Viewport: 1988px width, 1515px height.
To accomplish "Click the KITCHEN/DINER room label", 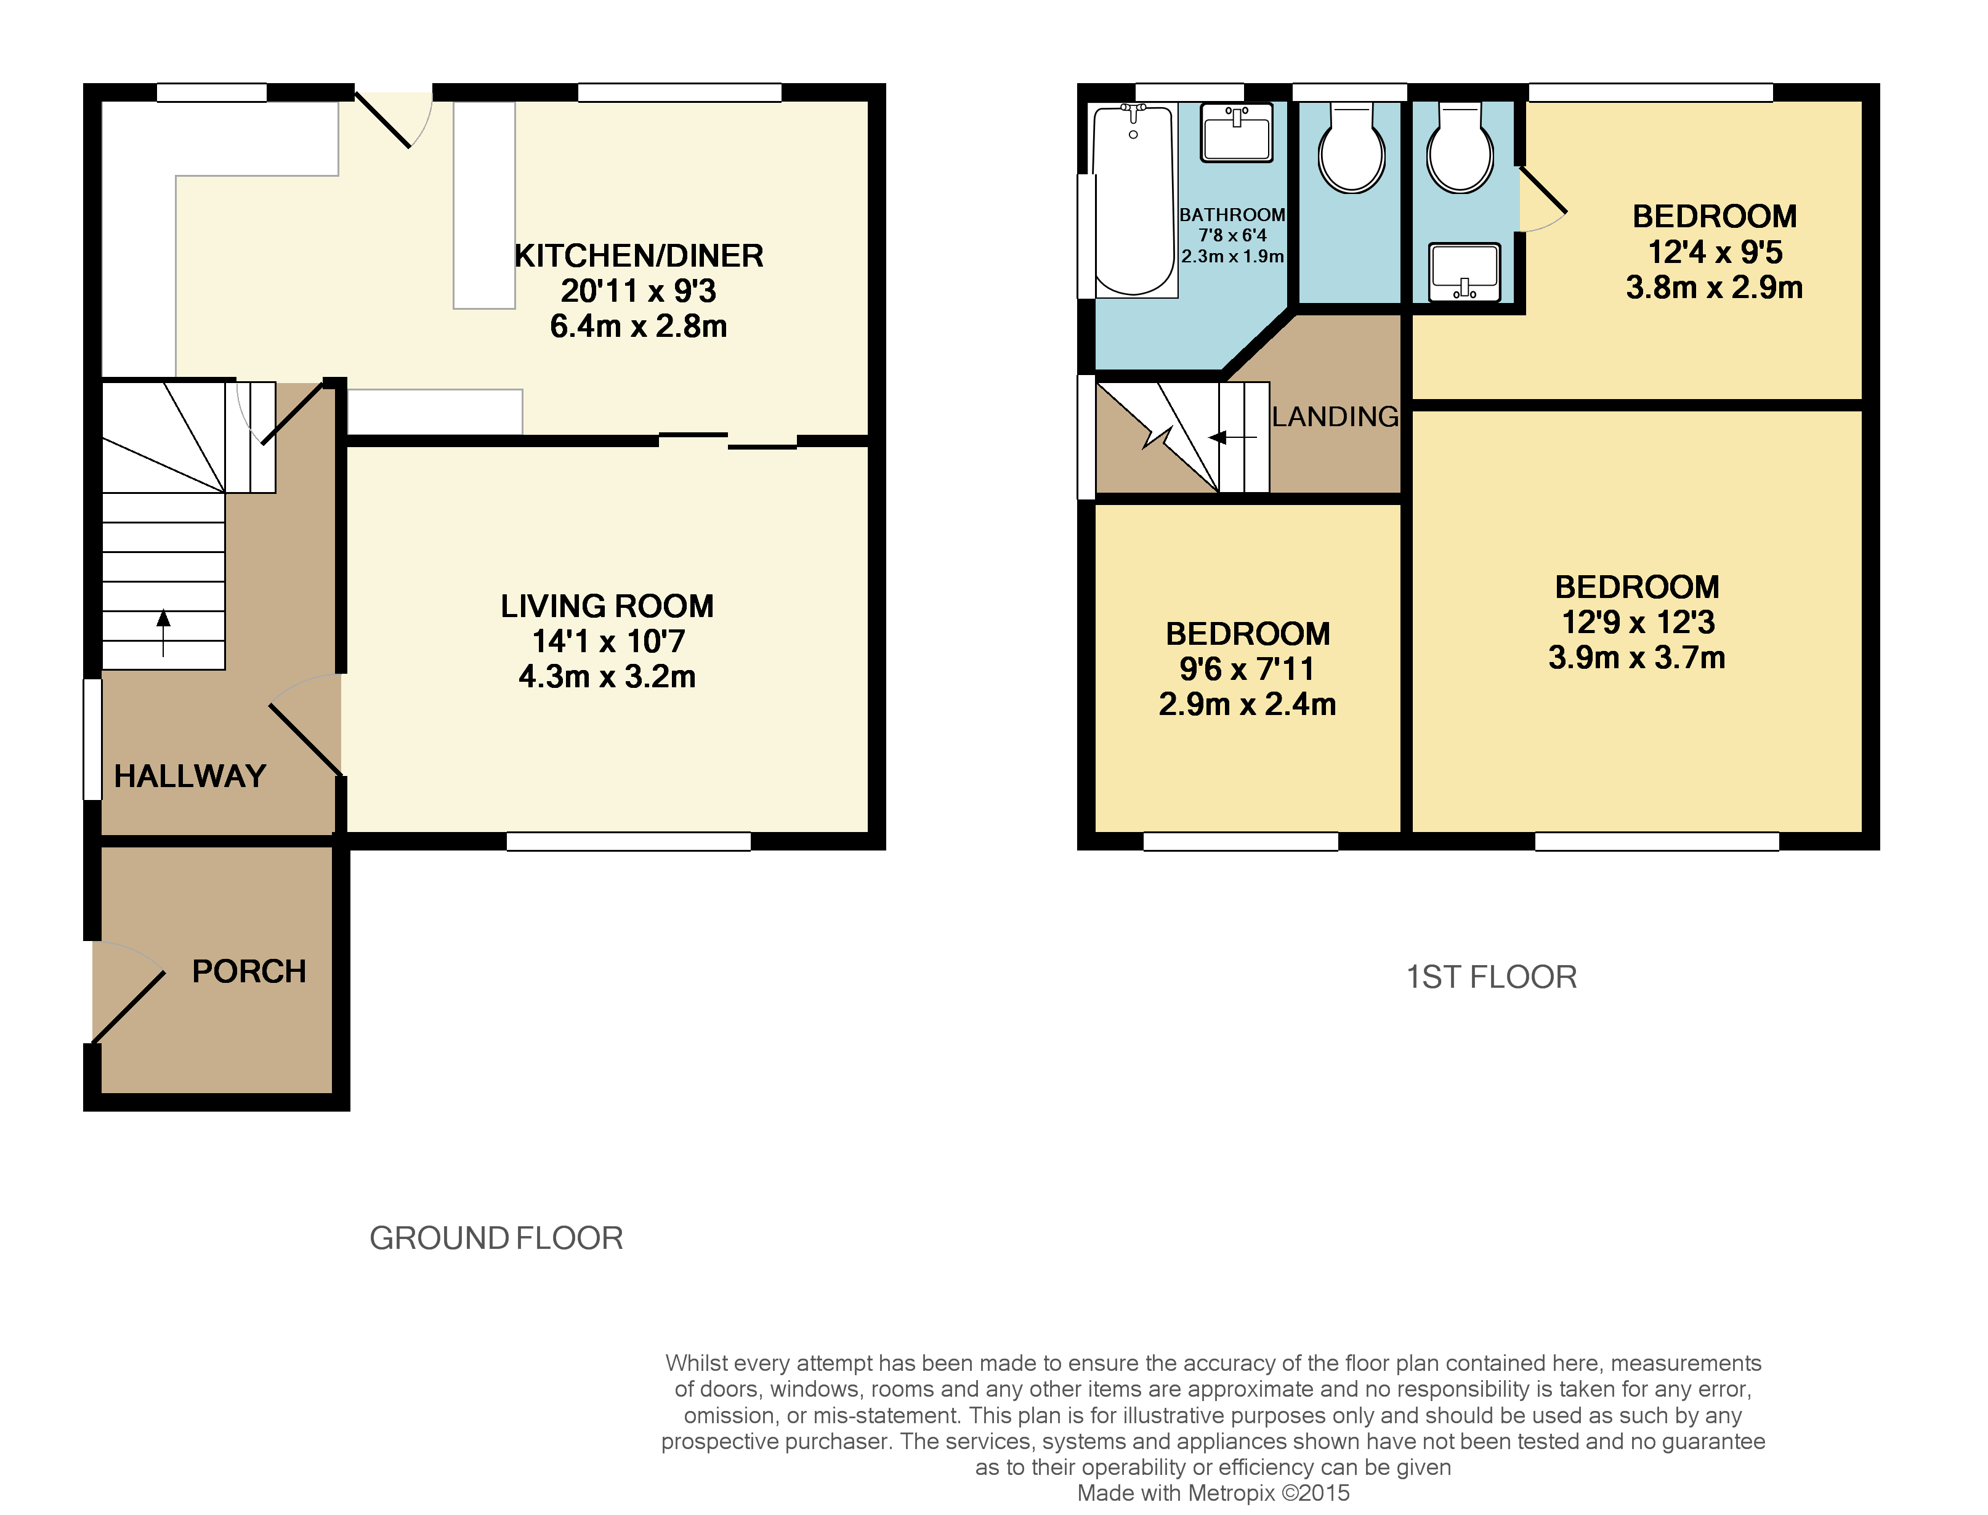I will point(638,256).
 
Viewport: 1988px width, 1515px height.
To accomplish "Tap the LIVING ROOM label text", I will point(607,606).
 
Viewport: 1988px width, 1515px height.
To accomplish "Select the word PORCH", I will point(249,971).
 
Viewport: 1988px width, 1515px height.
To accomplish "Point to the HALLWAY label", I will point(189,777).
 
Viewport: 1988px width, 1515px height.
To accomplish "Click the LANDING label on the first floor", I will point(1335,416).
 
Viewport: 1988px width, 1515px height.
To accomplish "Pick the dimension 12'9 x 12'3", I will point(1638,622).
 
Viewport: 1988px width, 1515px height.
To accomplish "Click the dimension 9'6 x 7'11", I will point(1247,669).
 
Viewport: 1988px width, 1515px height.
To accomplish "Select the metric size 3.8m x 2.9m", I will point(1714,288).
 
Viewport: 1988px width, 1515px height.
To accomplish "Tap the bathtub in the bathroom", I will point(1133,200).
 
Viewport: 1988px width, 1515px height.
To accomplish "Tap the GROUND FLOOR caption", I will point(496,1238).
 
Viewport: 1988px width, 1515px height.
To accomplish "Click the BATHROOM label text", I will point(1232,214).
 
